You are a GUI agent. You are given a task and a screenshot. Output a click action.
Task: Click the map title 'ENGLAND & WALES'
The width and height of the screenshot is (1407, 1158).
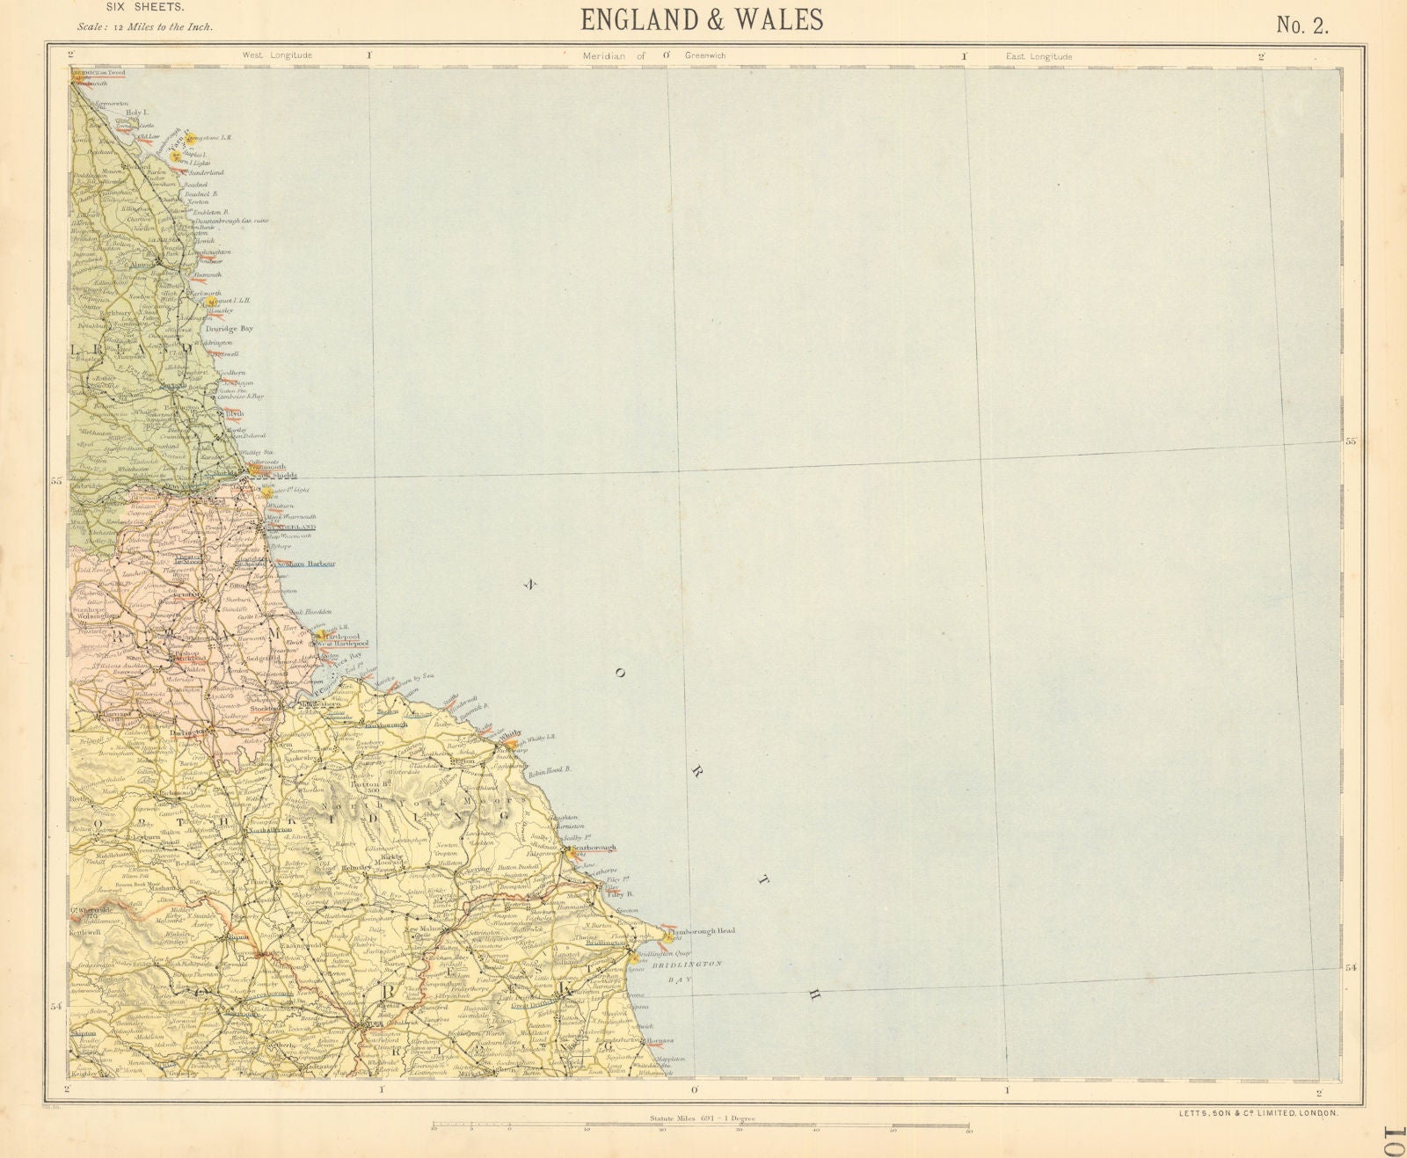tap(702, 19)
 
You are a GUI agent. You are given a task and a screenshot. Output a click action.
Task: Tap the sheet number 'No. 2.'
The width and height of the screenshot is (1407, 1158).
tap(1302, 25)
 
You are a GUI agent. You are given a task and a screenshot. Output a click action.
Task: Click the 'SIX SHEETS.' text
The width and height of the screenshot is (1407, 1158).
tap(145, 8)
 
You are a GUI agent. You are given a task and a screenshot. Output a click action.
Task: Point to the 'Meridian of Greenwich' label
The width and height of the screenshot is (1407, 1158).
tap(654, 55)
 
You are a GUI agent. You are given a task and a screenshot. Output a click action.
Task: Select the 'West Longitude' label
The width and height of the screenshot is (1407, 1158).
tap(278, 55)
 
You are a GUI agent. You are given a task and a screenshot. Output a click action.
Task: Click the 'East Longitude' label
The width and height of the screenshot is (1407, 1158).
tap(1039, 56)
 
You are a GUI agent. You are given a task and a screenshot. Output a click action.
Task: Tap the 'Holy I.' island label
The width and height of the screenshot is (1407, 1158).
tap(135, 113)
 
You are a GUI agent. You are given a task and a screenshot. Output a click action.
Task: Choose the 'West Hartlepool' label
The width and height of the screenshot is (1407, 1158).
tap(340, 644)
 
